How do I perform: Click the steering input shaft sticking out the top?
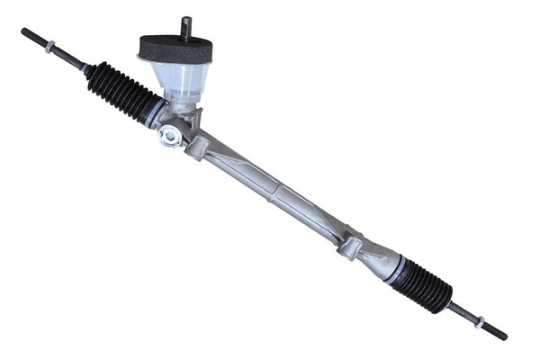[x=186, y=26]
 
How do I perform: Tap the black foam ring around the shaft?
[x=175, y=49]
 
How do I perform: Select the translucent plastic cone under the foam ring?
[x=181, y=78]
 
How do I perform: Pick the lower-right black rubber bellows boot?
[x=423, y=283]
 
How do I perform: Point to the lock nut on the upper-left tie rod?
[x=50, y=47]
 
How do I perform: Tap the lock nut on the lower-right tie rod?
[x=481, y=321]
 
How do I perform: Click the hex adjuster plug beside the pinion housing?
[x=167, y=136]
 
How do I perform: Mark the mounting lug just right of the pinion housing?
[x=197, y=144]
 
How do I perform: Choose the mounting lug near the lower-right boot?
[x=350, y=244]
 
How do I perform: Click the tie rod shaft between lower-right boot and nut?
[x=463, y=310]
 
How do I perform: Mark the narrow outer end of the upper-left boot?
[x=90, y=70]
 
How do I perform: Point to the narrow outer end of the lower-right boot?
[x=447, y=301]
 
